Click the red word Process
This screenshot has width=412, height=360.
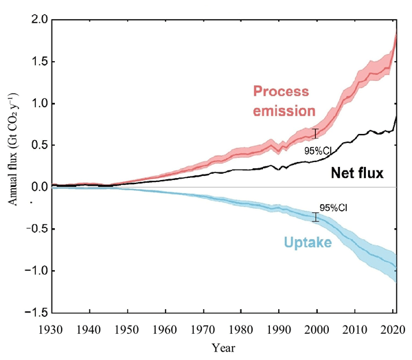282,91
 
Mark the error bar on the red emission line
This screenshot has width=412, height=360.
316,133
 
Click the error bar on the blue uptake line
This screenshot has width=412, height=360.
316,217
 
